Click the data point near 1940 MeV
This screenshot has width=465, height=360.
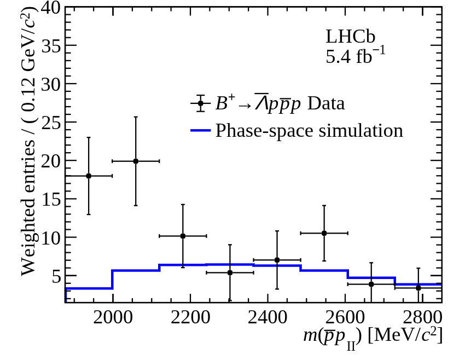89,176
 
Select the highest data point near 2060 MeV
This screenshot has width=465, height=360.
136,161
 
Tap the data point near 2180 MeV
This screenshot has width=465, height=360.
183,236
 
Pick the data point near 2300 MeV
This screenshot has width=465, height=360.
230,272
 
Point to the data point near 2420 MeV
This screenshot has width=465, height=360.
277,260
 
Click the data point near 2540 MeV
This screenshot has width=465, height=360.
324,233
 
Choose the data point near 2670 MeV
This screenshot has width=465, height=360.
371,284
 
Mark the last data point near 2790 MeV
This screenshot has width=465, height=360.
418,288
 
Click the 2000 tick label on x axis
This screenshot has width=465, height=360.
113,317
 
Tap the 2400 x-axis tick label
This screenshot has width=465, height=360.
268,317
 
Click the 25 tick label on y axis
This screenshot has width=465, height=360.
49,123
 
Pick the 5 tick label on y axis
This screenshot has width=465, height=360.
55,276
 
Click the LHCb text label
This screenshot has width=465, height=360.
351,36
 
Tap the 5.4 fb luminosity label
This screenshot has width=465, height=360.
356,56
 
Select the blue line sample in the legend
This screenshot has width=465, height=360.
200,131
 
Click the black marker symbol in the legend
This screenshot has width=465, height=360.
201,103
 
